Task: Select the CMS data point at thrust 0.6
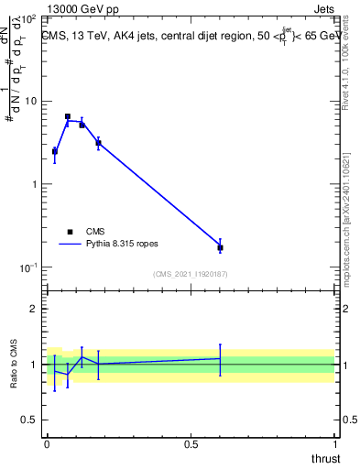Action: pos(220,247)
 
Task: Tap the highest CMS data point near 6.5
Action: pos(68,116)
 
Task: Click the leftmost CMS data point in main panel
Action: pos(54,151)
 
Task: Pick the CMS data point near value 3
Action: pos(98,143)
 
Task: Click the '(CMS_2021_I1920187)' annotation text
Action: pos(190,273)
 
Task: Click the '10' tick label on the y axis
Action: pos(32,101)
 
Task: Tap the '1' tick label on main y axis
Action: pos(35,184)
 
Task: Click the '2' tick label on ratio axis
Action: pos(35,309)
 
